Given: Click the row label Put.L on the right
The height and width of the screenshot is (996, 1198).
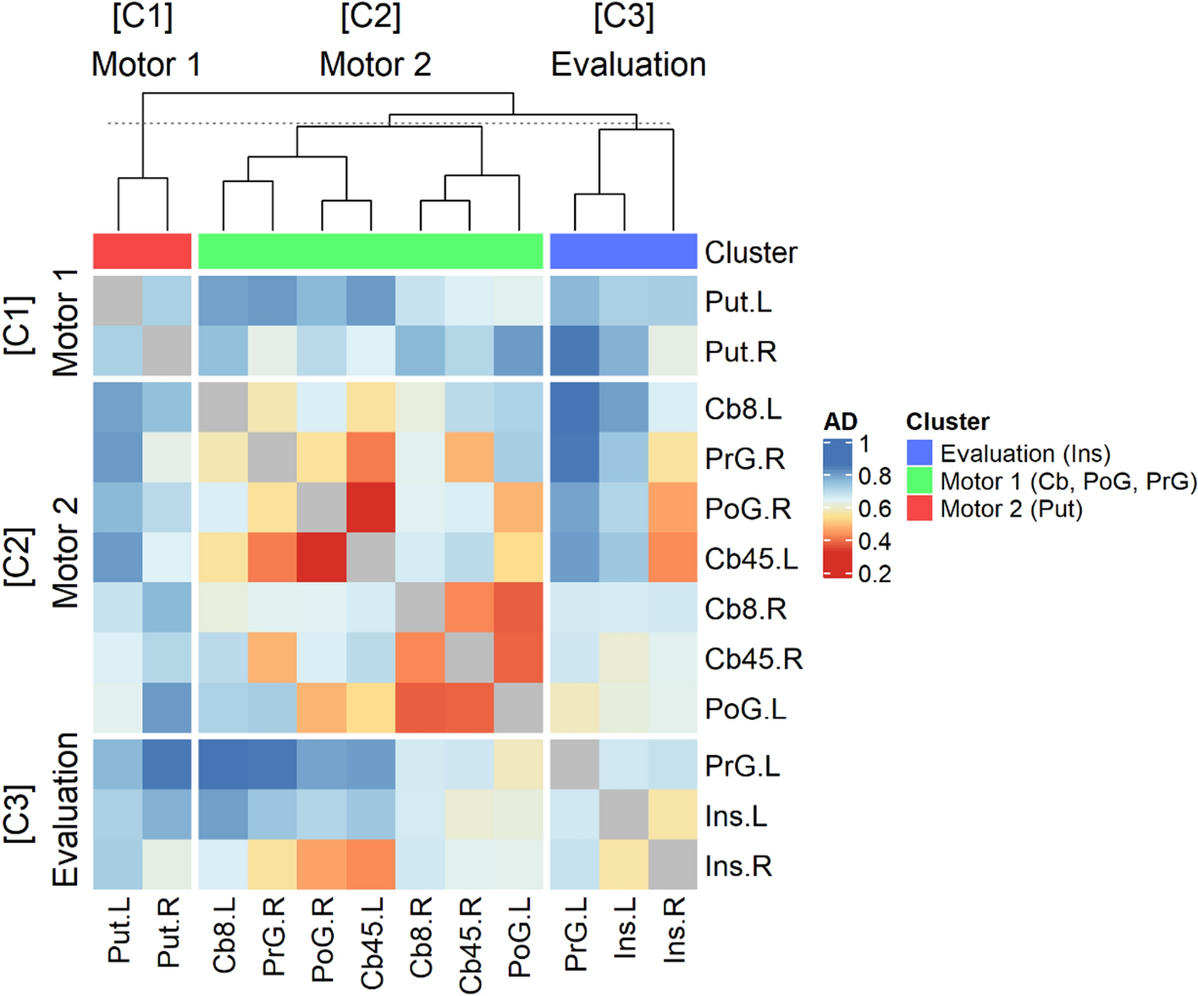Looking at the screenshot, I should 738,302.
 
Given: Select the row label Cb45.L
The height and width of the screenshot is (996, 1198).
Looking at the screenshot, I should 751,559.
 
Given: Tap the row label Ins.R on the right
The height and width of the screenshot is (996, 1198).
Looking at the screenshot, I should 738,866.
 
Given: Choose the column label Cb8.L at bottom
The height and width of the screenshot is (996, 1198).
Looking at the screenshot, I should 224,936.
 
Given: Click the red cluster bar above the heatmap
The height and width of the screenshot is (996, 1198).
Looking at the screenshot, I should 142,251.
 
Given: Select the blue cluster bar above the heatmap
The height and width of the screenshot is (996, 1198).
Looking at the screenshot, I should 623,251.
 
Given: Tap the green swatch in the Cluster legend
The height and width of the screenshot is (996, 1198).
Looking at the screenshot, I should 919,481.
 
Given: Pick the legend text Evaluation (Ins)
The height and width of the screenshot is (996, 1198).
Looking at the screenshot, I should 1024,454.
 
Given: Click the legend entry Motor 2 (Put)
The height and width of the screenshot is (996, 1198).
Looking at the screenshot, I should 1011,509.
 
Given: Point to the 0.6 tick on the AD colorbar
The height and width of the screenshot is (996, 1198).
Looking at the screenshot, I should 875,509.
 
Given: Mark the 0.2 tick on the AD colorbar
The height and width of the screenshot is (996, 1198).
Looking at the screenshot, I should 875,574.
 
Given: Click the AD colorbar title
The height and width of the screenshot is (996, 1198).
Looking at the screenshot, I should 840,421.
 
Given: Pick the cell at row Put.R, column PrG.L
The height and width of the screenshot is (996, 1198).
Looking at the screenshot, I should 575,351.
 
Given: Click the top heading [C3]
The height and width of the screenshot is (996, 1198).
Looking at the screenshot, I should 624,17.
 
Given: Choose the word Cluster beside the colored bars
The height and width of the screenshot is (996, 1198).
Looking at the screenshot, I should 751,252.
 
